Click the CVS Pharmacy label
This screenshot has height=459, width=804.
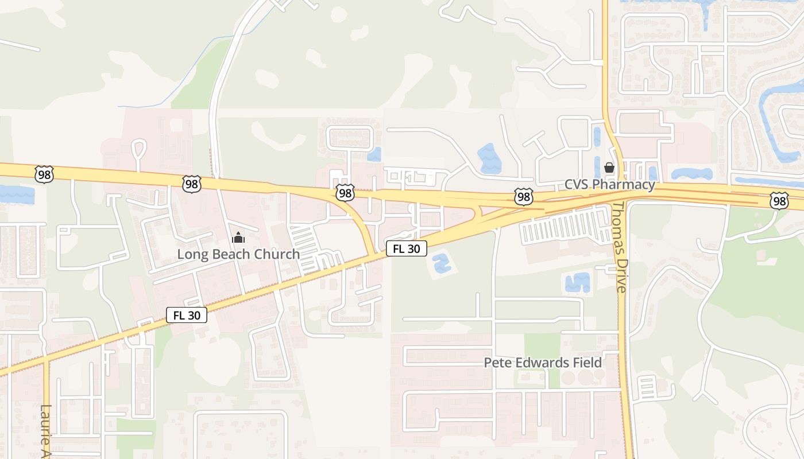[x=609, y=185]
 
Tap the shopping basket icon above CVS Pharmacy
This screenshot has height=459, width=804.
[x=609, y=168]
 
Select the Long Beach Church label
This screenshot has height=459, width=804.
[x=238, y=254]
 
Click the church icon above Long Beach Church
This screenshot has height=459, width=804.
[x=238, y=237]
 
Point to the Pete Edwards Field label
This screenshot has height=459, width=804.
[x=543, y=363]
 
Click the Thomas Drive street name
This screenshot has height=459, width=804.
[x=619, y=247]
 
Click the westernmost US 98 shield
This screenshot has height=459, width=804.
[x=44, y=174]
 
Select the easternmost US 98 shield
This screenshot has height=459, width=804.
[x=779, y=201]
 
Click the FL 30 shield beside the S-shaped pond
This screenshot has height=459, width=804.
[x=407, y=248]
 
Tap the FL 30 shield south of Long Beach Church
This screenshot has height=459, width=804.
[x=187, y=315]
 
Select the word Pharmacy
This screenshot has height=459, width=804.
[x=626, y=185]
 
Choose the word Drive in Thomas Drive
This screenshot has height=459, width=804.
[x=620, y=275]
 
